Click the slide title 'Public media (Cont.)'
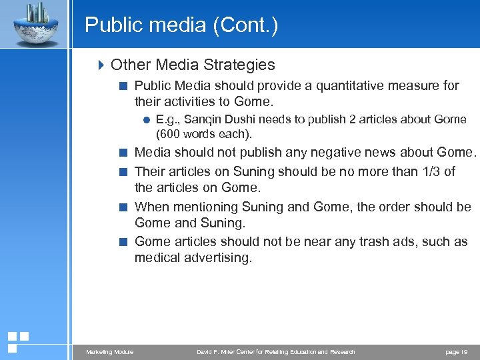point(181,25)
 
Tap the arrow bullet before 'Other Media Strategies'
point(101,65)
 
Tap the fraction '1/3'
point(430,171)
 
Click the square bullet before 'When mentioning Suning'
point(124,207)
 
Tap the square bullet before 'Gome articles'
point(124,242)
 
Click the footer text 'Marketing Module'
point(109,351)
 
